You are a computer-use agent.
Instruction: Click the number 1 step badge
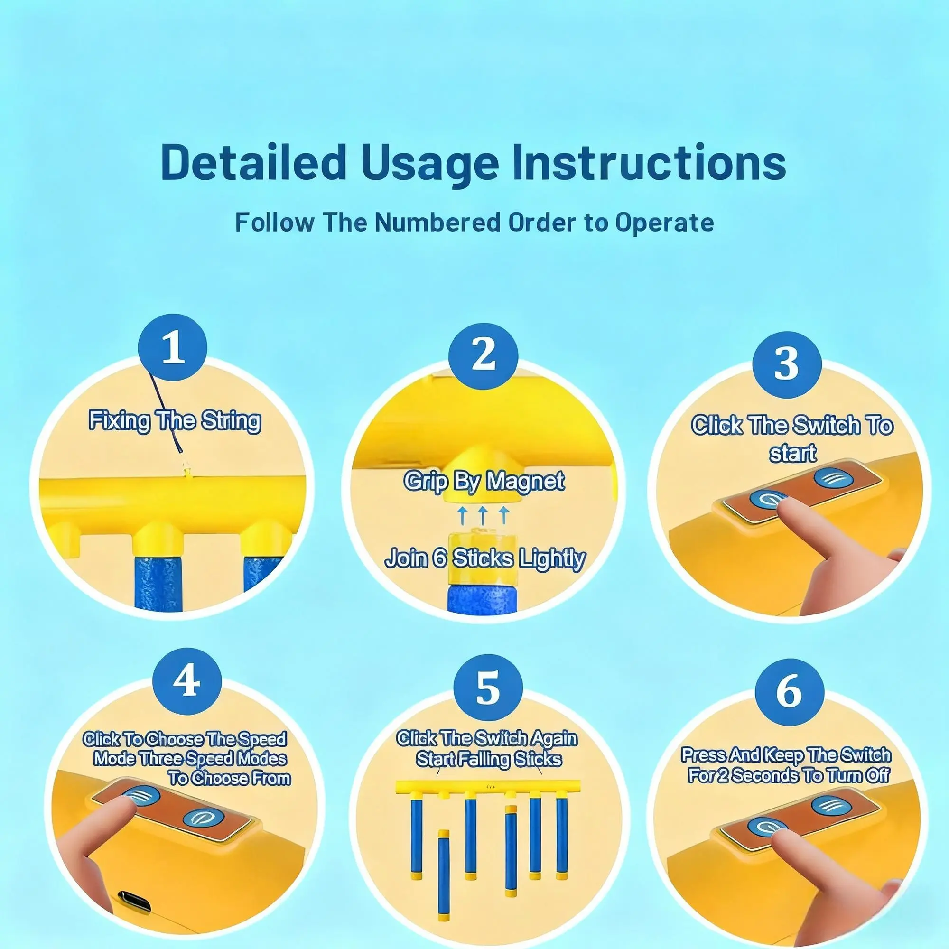[173, 348]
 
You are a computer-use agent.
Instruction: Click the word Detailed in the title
[253, 162]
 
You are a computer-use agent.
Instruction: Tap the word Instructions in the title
[649, 162]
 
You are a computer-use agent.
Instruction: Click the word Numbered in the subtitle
[437, 222]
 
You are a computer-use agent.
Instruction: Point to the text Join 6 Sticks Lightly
[485, 559]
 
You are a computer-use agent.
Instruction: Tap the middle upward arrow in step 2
[483, 517]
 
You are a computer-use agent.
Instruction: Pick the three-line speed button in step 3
[834, 477]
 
